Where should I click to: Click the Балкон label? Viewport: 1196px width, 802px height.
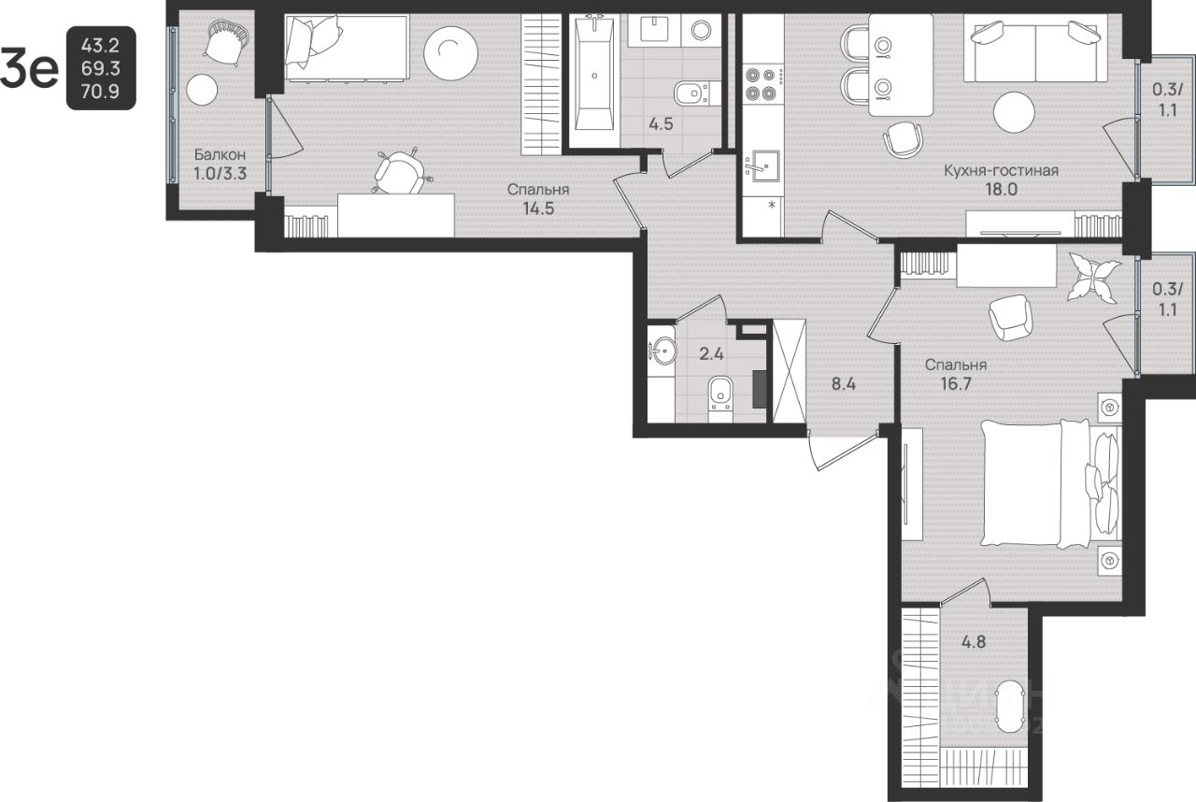click(220, 155)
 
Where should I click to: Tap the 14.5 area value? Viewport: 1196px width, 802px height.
click(538, 208)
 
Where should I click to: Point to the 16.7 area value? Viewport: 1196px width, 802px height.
click(956, 384)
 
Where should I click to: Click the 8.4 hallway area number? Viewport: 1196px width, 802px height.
click(844, 383)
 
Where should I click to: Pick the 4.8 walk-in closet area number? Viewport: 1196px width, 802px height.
click(974, 641)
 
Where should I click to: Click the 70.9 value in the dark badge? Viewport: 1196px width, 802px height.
click(100, 92)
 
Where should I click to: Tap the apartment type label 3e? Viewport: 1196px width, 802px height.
click(29, 68)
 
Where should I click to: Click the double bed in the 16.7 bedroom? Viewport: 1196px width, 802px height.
click(1049, 484)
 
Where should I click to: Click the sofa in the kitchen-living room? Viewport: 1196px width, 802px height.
click(1035, 55)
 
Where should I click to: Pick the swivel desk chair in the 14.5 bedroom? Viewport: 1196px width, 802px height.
click(400, 170)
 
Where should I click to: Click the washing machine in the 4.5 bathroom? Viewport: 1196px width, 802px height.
click(701, 30)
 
